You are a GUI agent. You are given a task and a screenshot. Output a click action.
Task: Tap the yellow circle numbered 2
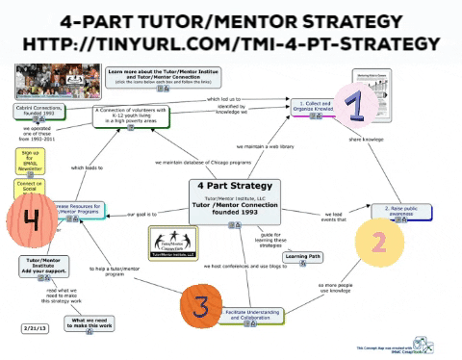tap(377, 242)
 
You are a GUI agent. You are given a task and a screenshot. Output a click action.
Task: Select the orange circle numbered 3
tap(199, 306)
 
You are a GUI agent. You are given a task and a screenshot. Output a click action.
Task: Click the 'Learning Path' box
tap(304, 257)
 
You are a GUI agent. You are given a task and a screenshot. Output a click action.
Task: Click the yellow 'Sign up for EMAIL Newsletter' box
tap(29, 160)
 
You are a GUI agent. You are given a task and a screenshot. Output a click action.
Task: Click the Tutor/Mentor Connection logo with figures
tap(171, 244)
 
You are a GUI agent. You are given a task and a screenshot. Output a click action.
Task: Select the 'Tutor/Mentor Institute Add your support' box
tap(41, 267)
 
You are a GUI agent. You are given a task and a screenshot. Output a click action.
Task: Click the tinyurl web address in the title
tap(230, 44)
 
